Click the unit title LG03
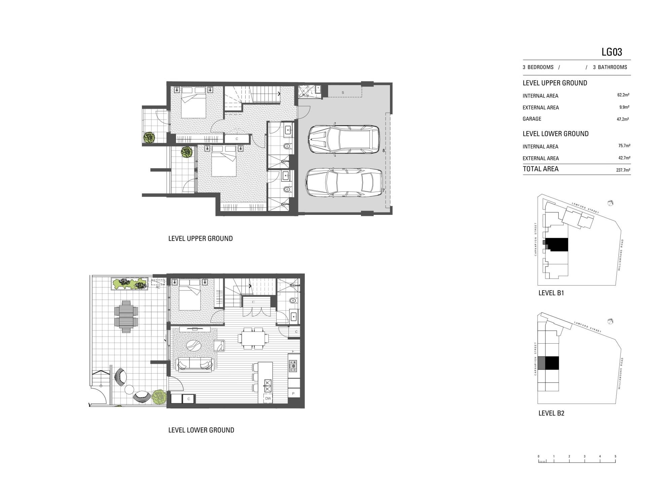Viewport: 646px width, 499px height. (x=612, y=52)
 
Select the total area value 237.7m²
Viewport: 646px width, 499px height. (x=623, y=170)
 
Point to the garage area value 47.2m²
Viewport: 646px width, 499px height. (x=623, y=119)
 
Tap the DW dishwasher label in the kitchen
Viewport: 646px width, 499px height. (x=268, y=398)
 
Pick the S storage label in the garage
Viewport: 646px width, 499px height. (x=343, y=92)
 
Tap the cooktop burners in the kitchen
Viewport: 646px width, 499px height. (x=293, y=366)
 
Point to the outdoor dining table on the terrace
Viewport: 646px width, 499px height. (x=126, y=316)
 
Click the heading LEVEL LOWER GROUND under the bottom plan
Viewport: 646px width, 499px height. (x=201, y=430)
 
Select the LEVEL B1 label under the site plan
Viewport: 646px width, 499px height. (x=551, y=293)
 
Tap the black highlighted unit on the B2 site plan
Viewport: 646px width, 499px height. (x=552, y=363)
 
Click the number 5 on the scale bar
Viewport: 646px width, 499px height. (x=615, y=456)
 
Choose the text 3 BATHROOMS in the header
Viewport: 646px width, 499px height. (x=610, y=67)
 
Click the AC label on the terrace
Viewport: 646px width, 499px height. (x=158, y=287)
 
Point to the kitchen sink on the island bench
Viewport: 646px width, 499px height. (x=268, y=386)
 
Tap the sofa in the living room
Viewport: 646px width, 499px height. (x=194, y=365)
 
